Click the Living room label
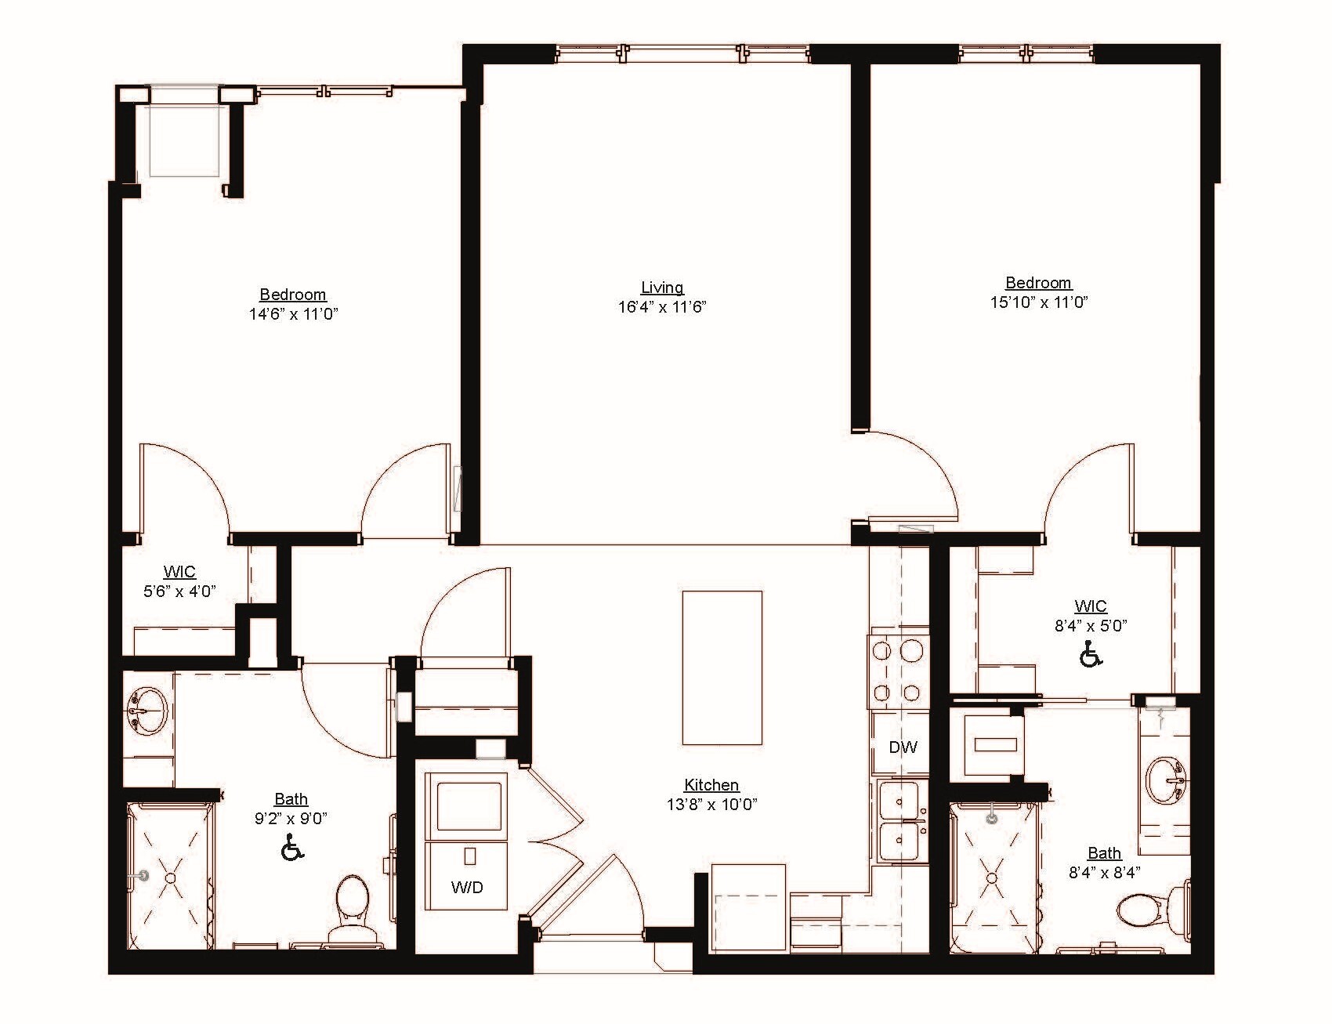coord(662,288)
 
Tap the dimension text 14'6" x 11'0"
coord(294,314)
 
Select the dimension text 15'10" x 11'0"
coord(1039,302)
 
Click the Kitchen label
coord(711,785)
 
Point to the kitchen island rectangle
coord(722,668)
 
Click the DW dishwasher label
coord(903,747)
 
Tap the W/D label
coord(467,887)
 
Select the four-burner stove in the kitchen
coord(898,671)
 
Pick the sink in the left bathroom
coord(147,709)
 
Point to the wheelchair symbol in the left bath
coord(291,848)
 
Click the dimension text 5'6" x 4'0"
coord(179,592)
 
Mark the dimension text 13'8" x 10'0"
coord(711,805)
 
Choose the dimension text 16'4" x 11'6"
coord(662,307)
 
